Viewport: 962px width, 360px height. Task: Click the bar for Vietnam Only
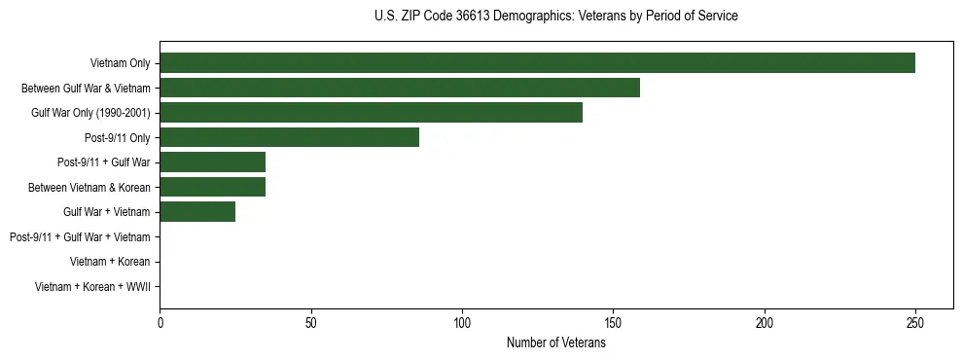(x=537, y=63)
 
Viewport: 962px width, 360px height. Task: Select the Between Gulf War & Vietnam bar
(x=400, y=88)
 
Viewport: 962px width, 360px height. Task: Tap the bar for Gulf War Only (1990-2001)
(x=371, y=113)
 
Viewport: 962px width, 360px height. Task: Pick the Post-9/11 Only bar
(x=289, y=138)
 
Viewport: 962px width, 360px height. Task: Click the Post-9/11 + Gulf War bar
(x=212, y=162)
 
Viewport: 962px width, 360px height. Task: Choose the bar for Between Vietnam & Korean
(x=212, y=187)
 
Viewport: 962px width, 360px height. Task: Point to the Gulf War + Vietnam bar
(x=197, y=212)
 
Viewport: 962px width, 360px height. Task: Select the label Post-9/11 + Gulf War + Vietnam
(x=80, y=237)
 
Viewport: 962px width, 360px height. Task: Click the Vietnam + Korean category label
(x=110, y=262)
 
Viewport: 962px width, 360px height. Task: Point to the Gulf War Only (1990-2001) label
(x=90, y=113)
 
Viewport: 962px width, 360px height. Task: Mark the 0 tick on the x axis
(x=160, y=321)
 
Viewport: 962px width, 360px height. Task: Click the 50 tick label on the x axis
(x=310, y=321)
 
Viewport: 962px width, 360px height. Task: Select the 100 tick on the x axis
(x=462, y=321)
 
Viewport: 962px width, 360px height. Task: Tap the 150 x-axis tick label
(x=613, y=321)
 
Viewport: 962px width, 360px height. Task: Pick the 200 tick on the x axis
(x=765, y=321)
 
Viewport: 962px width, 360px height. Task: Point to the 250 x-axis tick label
(x=915, y=321)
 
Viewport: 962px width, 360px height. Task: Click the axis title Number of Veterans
(x=556, y=342)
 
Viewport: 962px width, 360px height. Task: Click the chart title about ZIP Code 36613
(x=556, y=17)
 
